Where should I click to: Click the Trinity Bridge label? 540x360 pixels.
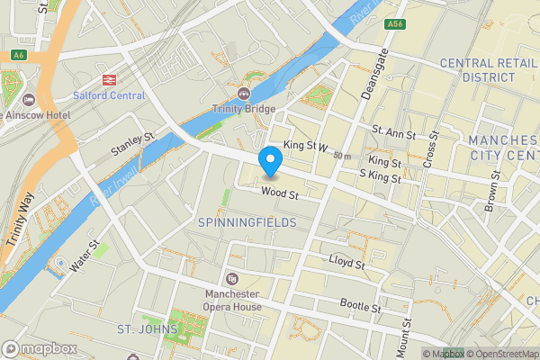(244, 109)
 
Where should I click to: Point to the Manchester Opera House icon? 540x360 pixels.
(232, 278)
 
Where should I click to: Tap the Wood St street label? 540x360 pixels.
(280, 192)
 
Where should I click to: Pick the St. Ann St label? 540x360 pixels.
(396, 135)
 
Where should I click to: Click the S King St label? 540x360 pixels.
(379, 175)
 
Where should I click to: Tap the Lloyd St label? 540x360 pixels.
(346, 263)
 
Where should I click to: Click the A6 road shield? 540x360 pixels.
(18, 56)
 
